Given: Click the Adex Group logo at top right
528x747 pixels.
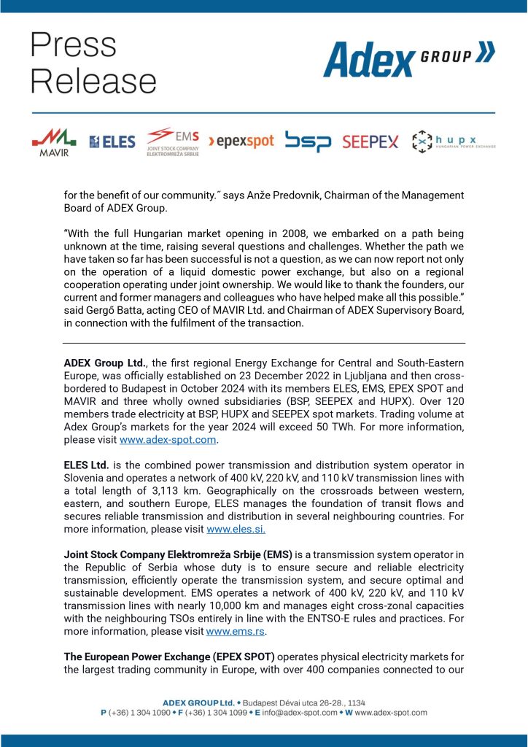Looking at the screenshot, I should coord(408,59).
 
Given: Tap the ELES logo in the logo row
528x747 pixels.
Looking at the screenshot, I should coord(112,142).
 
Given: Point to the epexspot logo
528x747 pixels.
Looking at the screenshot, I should coord(241,142).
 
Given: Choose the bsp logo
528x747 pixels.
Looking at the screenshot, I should coord(308,142).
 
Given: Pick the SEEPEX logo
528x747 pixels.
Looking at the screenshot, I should coord(370,142).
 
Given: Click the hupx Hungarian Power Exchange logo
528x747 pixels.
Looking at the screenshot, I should coord(453,141).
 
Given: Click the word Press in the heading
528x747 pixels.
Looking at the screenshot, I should coord(74,45).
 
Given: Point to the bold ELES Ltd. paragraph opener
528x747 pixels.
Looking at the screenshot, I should coord(86,464).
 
